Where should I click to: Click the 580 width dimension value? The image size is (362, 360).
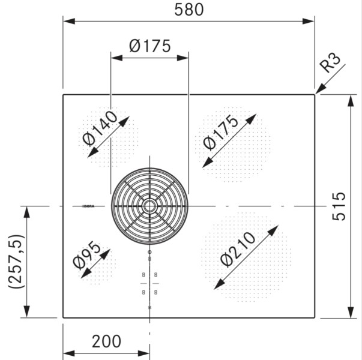[x=189, y=10]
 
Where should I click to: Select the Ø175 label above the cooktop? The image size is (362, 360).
[x=149, y=46]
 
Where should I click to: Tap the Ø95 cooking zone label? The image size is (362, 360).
[x=86, y=257]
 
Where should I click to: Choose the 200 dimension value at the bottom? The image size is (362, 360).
[x=106, y=341]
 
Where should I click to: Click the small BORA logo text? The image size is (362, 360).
[x=88, y=206]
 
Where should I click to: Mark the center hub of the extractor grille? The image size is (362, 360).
[x=149, y=206]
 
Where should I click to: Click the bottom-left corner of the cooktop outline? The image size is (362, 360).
[x=64, y=317]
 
